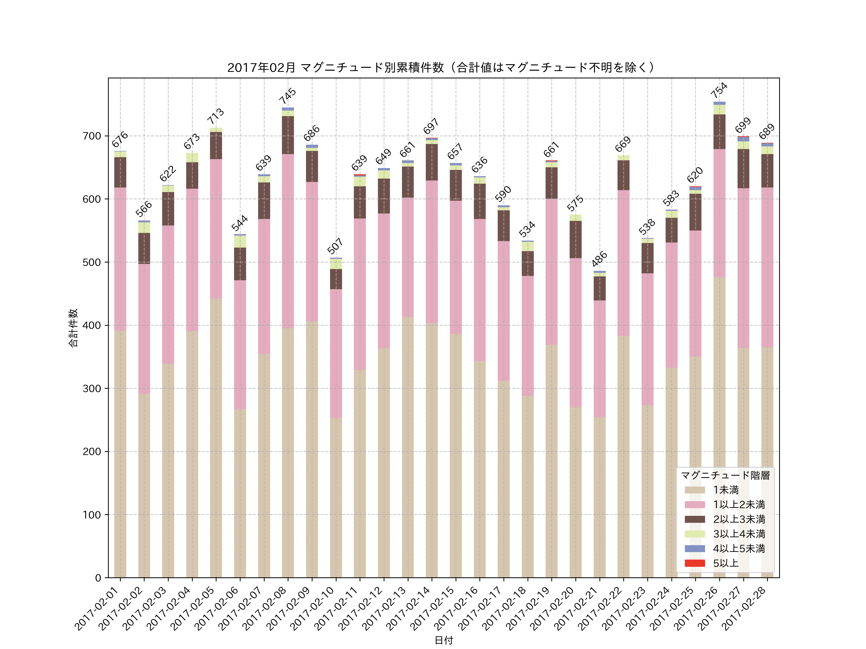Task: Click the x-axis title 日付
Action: [444, 640]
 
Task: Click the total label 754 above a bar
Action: [719, 90]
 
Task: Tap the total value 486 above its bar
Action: [599, 259]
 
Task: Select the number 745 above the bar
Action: [288, 96]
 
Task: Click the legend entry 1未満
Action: [726, 490]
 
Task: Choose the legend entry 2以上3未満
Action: [739, 519]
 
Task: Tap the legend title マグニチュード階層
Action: [725, 475]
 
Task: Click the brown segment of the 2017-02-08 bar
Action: [288, 135]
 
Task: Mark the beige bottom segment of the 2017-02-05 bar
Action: [216, 438]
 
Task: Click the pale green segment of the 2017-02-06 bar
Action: [240, 241]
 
